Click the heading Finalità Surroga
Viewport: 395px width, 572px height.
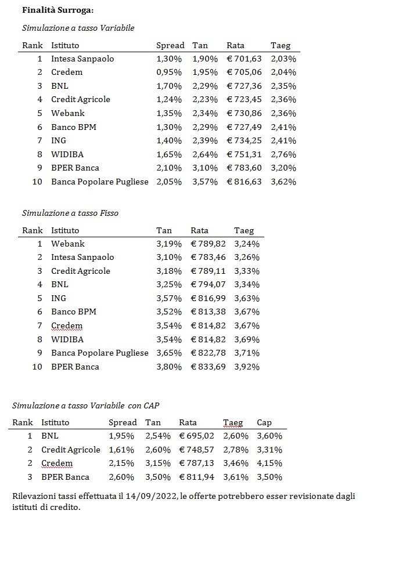pos(58,10)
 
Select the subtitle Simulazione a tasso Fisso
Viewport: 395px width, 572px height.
pos(70,213)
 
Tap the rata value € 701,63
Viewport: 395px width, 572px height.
pos(244,59)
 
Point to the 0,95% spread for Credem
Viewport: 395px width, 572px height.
pos(169,72)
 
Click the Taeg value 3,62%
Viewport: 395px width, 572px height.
pos(283,182)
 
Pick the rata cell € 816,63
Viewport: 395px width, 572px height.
pos(244,182)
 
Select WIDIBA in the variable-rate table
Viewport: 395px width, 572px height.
pos(67,154)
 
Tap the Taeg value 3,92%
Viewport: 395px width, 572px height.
pos(247,367)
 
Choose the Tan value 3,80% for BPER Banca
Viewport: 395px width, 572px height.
pos(169,367)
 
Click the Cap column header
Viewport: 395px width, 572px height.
pos(264,422)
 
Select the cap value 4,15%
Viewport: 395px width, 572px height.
pos(270,464)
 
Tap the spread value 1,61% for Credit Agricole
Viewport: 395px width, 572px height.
pos(121,450)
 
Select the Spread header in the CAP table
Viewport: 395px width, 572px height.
pos(123,422)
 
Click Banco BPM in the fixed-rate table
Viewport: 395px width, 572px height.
pos(74,312)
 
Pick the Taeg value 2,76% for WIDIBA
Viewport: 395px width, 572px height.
pos(283,154)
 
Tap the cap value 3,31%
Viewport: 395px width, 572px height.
pos(270,450)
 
